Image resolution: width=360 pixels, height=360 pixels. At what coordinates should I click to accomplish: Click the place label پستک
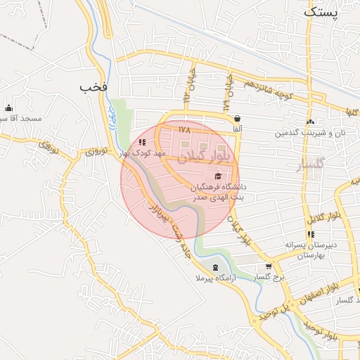322,11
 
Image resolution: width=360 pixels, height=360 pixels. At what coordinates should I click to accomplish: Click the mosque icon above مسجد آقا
8,108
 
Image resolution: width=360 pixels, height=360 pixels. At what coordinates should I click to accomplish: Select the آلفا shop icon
238,119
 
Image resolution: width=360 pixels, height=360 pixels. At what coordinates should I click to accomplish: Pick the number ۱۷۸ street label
185,130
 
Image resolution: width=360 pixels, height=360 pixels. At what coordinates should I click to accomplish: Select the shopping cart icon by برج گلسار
269,266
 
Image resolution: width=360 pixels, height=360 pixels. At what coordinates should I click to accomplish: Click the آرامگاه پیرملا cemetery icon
214,267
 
